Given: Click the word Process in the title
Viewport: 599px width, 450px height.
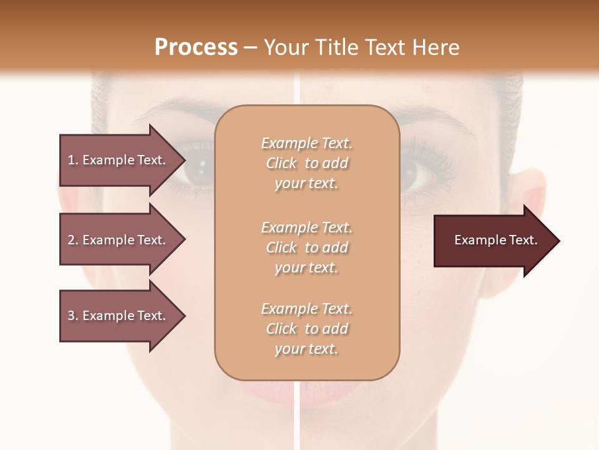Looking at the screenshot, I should click(196, 47).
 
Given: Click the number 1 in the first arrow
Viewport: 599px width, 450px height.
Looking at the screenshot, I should click(71, 160).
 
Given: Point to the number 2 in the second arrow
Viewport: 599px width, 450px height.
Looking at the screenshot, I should click(71, 240).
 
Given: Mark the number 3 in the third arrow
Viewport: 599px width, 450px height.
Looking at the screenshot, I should click(71, 316).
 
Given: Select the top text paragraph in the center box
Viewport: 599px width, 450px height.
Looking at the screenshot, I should click(306, 163).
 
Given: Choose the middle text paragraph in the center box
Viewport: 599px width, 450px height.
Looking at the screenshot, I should click(306, 247).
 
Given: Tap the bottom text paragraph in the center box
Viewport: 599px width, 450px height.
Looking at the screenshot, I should click(306, 329).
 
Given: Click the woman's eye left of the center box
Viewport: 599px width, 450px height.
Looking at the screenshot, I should click(198, 167).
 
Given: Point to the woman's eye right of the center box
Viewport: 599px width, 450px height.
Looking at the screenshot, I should click(414, 172).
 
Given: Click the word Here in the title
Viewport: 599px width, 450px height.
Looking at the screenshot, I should click(437, 47).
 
